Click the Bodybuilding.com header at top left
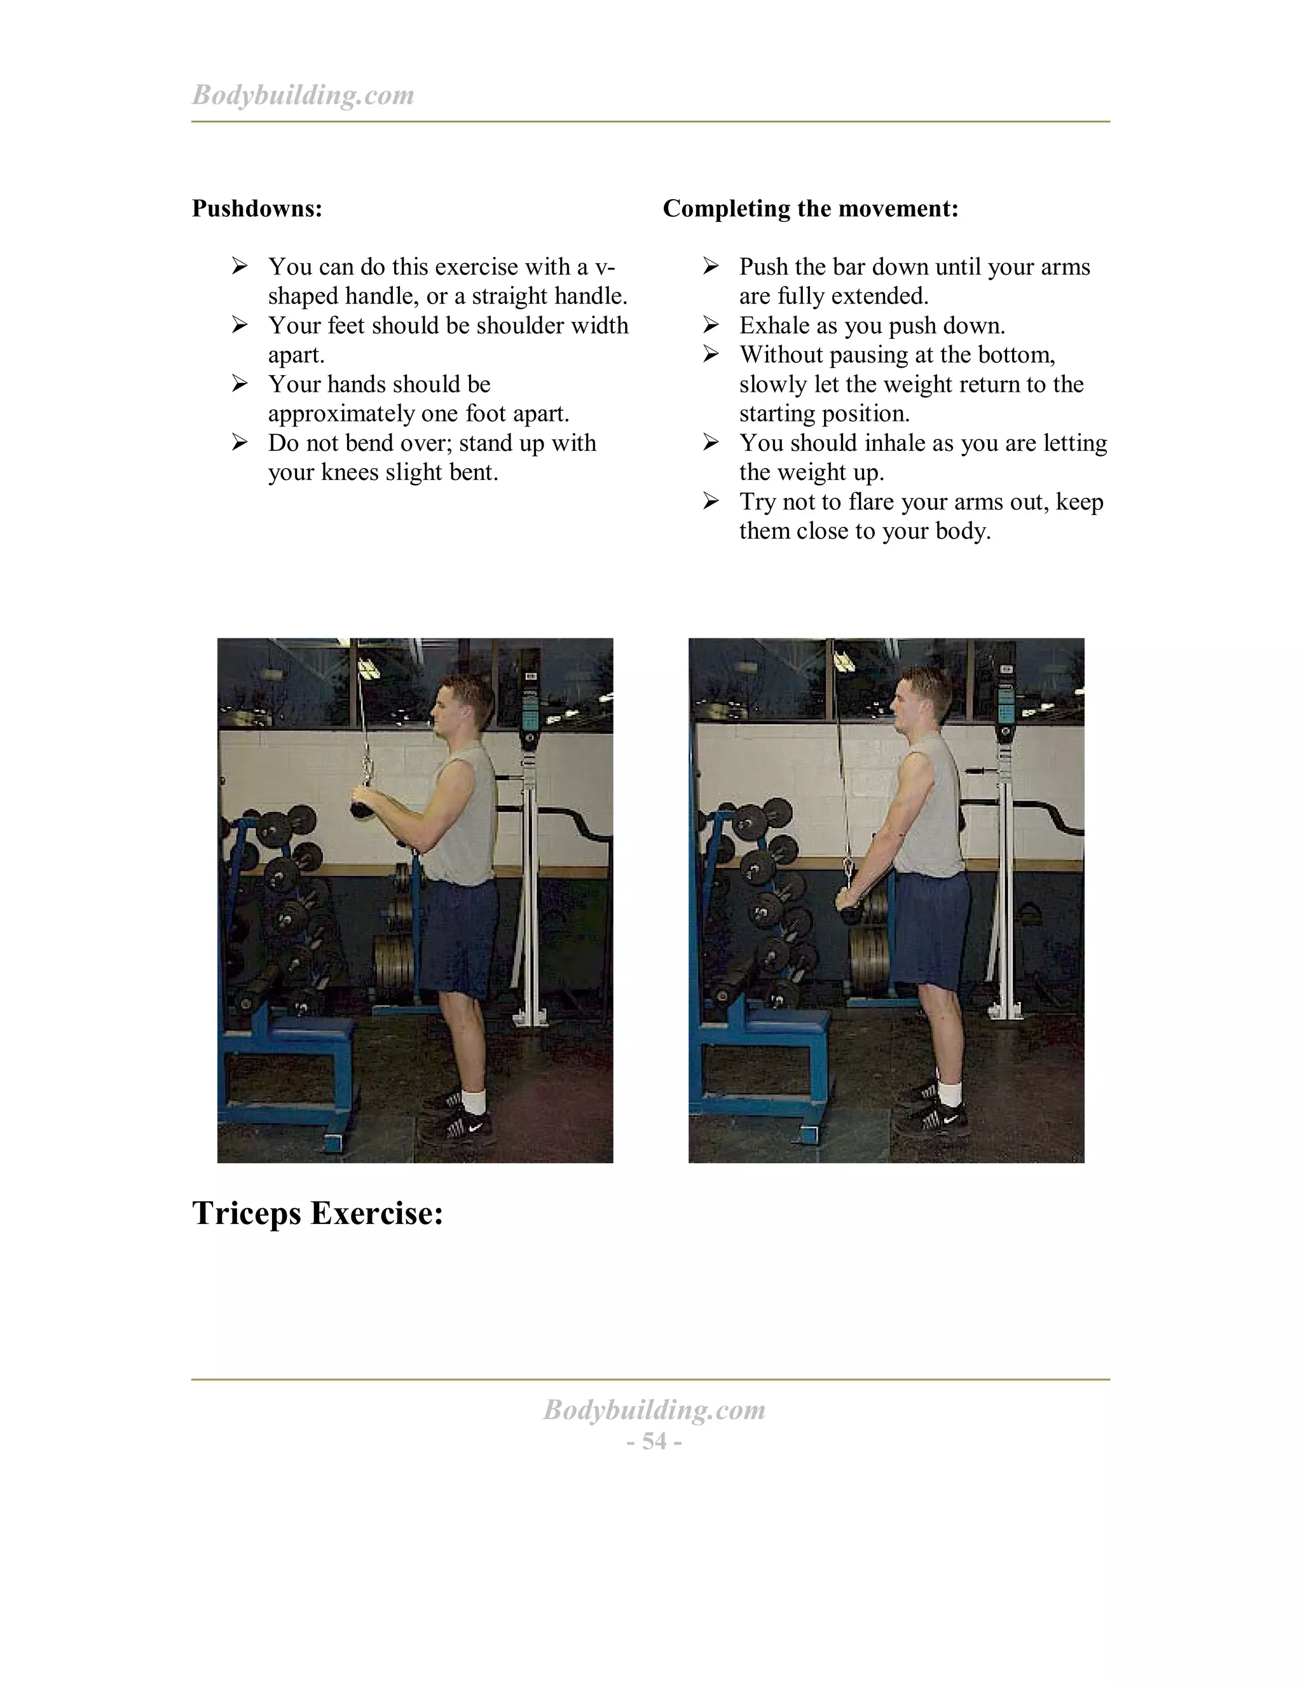pos(303,95)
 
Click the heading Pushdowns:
pos(257,209)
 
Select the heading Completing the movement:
pos(810,209)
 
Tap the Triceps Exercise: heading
pos(317,1213)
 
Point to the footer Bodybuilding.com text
pos(654,1410)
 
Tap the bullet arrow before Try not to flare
pos(710,502)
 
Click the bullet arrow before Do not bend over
pos(240,443)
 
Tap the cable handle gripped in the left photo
pos(362,806)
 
